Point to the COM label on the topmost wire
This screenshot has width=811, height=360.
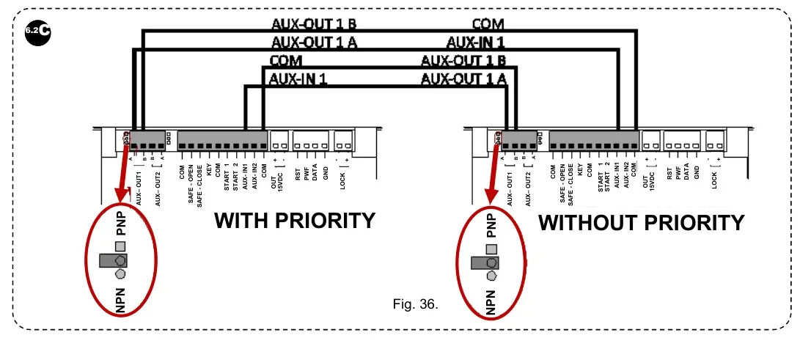[x=488, y=25]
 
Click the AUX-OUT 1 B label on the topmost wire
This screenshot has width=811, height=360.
[x=315, y=25]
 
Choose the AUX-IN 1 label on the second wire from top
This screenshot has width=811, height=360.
[x=475, y=43]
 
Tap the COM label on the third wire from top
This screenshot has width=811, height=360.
[x=286, y=61]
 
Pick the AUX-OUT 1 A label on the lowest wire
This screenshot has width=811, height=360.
[x=463, y=78]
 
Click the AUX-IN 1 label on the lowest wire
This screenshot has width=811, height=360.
[x=298, y=78]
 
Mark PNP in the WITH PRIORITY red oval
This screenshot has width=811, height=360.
[x=122, y=221]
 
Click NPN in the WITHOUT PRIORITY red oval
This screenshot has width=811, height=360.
[x=491, y=301]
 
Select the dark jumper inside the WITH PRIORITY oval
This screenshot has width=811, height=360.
[x=114, y=260]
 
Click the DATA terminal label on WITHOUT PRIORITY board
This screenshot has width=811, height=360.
[x=686, y=175]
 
